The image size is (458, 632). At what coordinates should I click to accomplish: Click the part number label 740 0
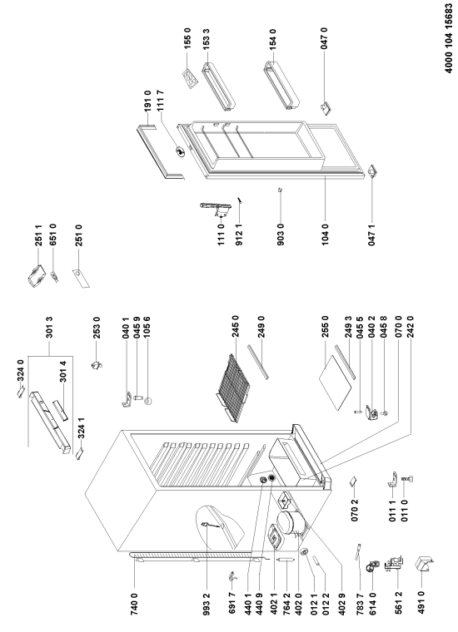click(x=134, y=603)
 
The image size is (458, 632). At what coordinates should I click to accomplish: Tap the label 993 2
click(x=207, y=603)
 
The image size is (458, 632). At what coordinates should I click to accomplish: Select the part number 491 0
click(x=421, y=603)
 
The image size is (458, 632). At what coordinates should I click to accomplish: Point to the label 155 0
click(x=187, y=39)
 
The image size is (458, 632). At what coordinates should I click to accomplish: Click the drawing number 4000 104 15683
click(x=449, y=38)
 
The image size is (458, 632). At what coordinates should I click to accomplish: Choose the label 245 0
click(x=236, y=327)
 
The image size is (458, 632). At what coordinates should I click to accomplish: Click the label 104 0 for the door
click(x=326, y=234)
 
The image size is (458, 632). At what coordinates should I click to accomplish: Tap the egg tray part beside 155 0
click(x=190, y=77)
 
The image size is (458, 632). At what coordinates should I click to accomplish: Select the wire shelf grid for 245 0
click(x=234, y=388)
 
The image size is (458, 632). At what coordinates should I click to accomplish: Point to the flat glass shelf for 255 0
click(x=335, y=380)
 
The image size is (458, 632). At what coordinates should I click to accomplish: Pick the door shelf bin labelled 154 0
click(x=281, y=85)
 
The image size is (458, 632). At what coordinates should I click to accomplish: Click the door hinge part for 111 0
click(x=216, y=210)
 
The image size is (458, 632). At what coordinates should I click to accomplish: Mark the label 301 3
click(x=49, y=327)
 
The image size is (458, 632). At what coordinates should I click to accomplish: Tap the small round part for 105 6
click(x=149, y=401)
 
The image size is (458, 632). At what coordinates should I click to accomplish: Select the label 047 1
click(x=371, y=234)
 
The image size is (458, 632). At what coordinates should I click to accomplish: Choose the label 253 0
click(x=97, y=327)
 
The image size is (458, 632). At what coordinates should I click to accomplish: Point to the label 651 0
click(x=52, y=234)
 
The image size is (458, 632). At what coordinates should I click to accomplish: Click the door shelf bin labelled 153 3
click(x=218, y=86)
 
